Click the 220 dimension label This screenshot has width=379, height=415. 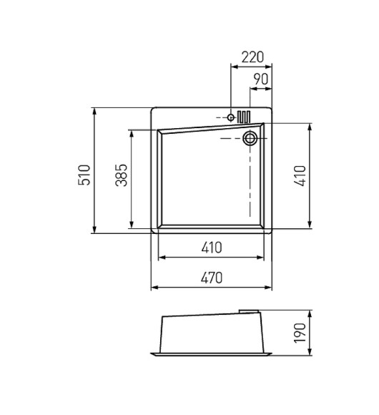pos(252,57)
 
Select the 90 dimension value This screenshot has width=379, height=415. pos(261,79)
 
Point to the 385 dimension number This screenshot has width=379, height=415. pos(121,175)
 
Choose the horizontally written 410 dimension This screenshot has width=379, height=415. pos(211,248)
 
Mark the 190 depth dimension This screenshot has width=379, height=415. pos(300,332)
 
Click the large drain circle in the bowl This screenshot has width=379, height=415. pos(250,138)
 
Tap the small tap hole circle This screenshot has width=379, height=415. pos(231,117)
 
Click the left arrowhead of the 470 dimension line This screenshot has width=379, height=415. pos(154,288)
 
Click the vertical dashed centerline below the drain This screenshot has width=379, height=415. pos(250,186)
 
